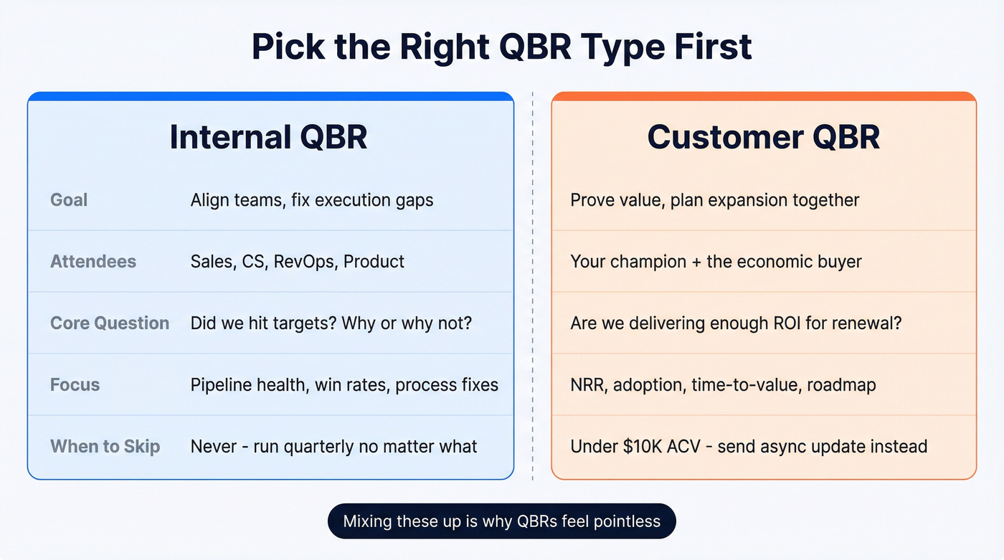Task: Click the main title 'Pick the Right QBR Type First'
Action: pos(502,47)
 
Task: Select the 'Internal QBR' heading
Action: pos(268,137)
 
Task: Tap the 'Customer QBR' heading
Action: pos(763,137)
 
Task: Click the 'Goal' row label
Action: pos(69,199)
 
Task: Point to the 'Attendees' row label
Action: pos(93,261)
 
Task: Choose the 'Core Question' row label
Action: pos(110,323)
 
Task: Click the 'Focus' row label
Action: pos(75,384)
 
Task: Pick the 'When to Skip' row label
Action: pos(105,446)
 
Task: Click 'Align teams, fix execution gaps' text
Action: pos(312,199)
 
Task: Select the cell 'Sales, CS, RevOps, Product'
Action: pos(297,261)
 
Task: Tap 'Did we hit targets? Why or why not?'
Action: pos(331,323)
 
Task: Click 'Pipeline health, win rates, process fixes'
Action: pos(344,384)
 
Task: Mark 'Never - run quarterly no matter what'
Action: pos(333,446)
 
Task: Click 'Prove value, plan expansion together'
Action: pos(714,199)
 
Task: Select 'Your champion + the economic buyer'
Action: pos(716,261)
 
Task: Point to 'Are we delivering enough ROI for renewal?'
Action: pos(736,323)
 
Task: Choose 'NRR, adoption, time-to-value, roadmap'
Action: pos(723,384)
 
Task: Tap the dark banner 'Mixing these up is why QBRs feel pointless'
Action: pos(501,521)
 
